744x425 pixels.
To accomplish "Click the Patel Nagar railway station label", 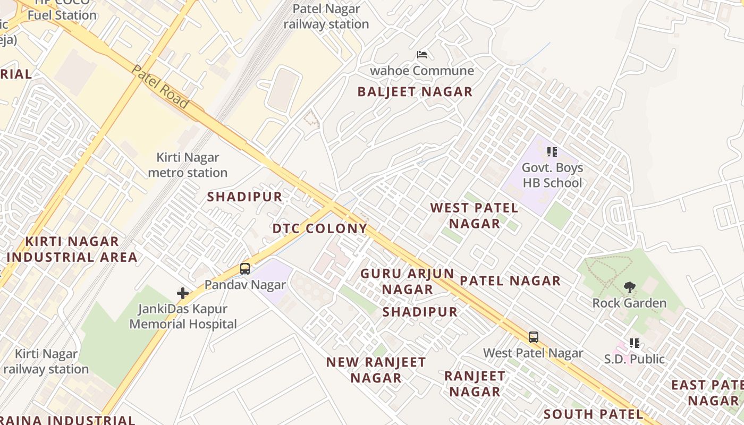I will pyautogui.click(x=326, y=16).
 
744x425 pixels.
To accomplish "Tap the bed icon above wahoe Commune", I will pyautogui.click(x=422, y=55).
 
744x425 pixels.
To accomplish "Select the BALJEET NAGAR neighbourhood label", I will pyautogui.click(x=415, y=91).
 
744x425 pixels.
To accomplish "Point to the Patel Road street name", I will pyautogui.click(x=160, y=87).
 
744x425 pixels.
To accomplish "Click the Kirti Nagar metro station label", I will pyautogui.click(x=188, y=165).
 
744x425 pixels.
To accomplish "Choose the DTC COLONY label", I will pyautogui.click(x=319, y=228).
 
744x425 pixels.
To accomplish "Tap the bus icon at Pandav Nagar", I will pyautogui.click(x=244, y=269).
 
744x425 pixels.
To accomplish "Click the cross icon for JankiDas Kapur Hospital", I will pyautogui.click(x=183, y=293).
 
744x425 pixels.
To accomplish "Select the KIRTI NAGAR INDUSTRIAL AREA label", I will pyautogui.click(x=72, y=249).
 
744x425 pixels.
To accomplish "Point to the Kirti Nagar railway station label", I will pyautogui.click(x=46, y=361).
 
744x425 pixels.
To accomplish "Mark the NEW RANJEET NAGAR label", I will pyautogui.click(x=376, y=370).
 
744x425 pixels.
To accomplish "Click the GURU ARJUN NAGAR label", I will pyautogui.click(x=408, y=282).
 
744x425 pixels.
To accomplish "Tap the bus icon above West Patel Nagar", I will pyautogui.click(x=533, y=337).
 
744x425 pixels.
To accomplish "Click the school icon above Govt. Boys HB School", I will pyautogui.click(x=552, y=152).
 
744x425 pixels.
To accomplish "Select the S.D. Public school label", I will pyautogui.click(x=634, y=359).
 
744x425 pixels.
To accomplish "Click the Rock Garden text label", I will pyautogui.click(x=629, y=303).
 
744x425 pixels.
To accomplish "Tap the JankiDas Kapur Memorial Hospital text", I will pyautogui.click(x=183, y=316).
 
